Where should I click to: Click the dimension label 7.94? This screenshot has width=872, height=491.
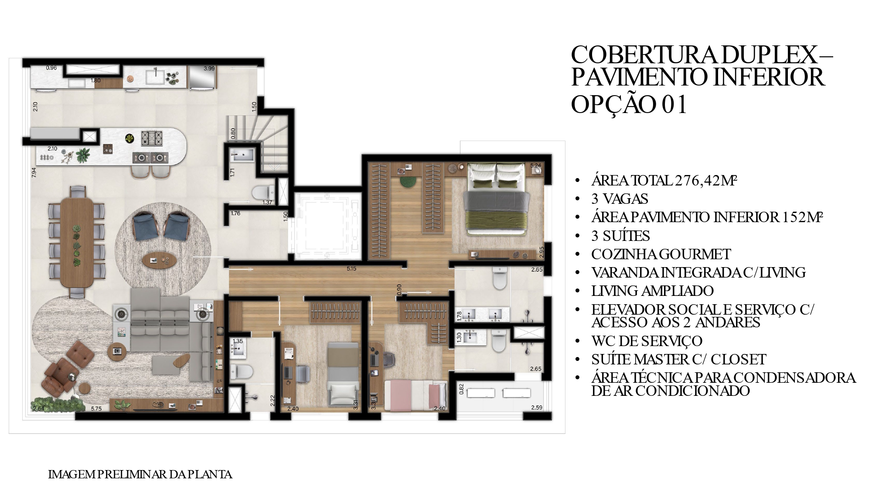(34, 173)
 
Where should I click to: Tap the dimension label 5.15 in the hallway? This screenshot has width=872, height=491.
(351, 269)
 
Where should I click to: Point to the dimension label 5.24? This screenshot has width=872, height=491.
(535, 165)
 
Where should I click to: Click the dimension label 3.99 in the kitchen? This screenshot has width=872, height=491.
(209, 69)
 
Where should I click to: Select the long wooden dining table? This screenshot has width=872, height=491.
(77, 242)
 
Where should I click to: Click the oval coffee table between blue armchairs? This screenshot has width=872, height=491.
(160, 260)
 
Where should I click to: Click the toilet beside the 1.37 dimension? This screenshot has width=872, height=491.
(263, 192)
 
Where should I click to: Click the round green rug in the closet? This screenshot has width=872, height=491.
(407, 181)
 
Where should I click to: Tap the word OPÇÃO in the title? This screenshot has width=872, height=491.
(613, 105)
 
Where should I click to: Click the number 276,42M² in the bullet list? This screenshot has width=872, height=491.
(706, 180)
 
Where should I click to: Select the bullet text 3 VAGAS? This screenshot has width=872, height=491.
(620, 199)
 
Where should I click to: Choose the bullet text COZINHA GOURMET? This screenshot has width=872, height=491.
(661, 254)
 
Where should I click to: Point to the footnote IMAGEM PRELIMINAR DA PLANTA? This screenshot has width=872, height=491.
(140, 474)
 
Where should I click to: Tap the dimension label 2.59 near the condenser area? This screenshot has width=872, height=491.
(537, 408)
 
